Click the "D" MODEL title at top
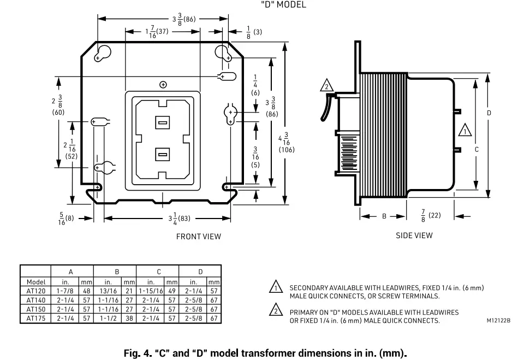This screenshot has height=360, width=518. (283, 5)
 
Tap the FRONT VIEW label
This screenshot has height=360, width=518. (198, 237)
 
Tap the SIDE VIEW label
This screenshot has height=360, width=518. (414, 235)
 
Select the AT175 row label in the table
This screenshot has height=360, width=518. (35, 318)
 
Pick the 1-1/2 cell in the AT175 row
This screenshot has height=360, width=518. (108, 318)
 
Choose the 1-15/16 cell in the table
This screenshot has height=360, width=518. (151, 291)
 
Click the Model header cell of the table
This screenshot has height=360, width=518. (35, 282)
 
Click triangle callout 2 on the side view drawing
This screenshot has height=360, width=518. (326, 86)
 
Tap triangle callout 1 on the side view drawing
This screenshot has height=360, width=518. (465, 131)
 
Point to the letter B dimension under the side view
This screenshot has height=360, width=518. (384, 216)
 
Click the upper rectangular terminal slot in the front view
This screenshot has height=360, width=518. (162, 123)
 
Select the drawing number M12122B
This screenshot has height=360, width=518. (499, 321)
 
